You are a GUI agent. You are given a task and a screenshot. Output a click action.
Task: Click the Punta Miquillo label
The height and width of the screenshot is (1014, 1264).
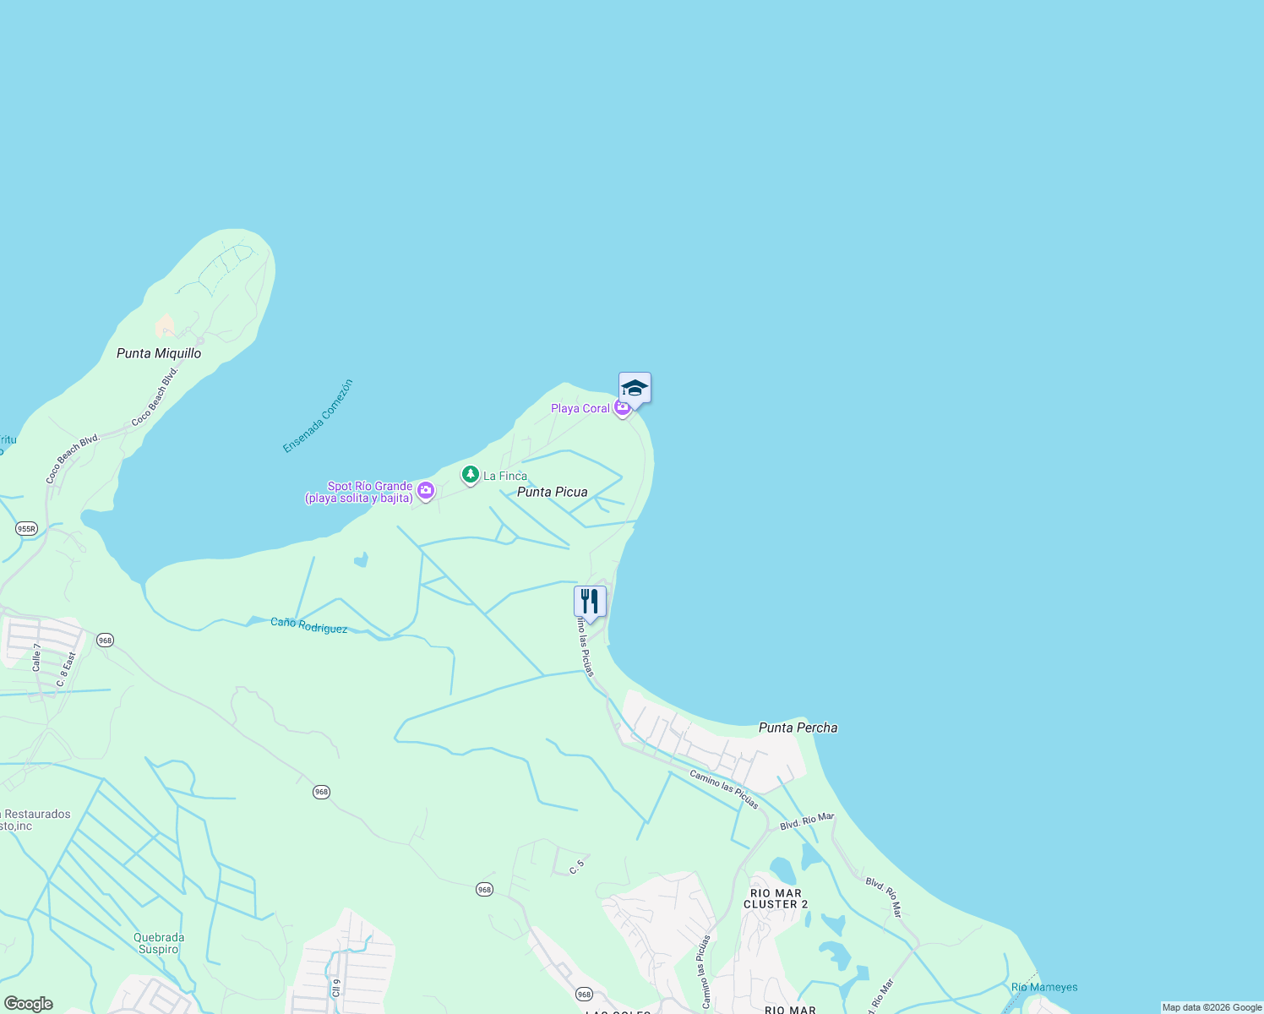[159, 353]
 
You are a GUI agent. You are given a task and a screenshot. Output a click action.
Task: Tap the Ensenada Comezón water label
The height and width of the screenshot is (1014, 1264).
[318, 416]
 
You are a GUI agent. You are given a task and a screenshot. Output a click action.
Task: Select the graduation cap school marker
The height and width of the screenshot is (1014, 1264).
[635, 388]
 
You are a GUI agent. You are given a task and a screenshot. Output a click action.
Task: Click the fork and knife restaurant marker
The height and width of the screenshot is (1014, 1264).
[590, 602]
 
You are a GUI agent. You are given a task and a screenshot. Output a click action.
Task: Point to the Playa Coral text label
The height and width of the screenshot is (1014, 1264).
[580, 408]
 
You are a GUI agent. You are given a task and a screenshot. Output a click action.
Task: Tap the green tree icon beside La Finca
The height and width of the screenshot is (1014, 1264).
[471, 475]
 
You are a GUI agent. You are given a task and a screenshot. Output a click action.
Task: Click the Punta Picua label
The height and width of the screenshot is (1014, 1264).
[552, 492]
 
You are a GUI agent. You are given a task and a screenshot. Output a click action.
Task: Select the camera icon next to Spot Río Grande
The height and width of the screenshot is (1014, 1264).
[426, 490]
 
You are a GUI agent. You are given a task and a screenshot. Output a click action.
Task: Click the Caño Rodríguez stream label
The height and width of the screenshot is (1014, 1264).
[308, 626]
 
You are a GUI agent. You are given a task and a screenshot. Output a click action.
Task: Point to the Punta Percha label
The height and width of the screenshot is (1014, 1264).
[798, 728]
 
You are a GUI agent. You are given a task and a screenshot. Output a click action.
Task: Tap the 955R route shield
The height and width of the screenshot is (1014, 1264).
[26, 529]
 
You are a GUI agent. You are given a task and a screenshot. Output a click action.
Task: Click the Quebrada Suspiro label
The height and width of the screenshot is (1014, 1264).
[158, 943]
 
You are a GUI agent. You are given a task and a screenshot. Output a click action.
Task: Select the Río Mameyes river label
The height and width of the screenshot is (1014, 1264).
[1044, 987]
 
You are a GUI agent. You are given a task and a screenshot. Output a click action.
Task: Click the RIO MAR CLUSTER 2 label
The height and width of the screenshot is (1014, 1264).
[776, 898]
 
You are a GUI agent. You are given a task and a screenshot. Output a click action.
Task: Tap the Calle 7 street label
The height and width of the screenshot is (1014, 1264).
[37, 657]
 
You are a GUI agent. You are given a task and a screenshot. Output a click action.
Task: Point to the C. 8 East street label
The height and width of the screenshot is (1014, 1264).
[67, 669]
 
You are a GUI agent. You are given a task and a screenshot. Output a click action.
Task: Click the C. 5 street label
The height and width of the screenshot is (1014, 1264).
[577, 865]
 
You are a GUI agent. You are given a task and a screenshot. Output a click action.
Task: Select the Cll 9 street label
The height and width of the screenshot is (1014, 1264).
[336, 987]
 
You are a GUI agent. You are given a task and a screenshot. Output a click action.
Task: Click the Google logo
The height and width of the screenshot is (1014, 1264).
[28, 1004]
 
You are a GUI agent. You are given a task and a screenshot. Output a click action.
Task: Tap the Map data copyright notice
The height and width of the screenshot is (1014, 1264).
[1212, 1007]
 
